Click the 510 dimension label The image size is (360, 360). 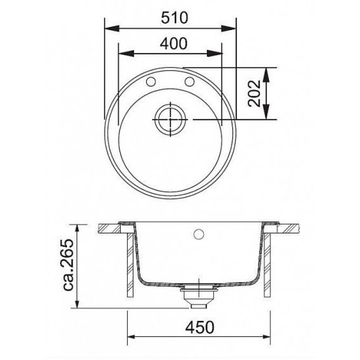click(x=174, y=18)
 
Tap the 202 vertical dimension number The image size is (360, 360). click(x=254, y=93)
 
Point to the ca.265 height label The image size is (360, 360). click(x=68, y=264)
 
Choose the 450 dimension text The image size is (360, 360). click(x=199, y=327)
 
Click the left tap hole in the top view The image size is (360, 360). click(x=151, y=81)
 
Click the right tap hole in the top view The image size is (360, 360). click(x=189, y=81)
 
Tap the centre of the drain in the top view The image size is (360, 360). click(x=170, y=119)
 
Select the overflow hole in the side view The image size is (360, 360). click(x=198, y=234)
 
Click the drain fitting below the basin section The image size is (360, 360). click(x=198, y=297)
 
